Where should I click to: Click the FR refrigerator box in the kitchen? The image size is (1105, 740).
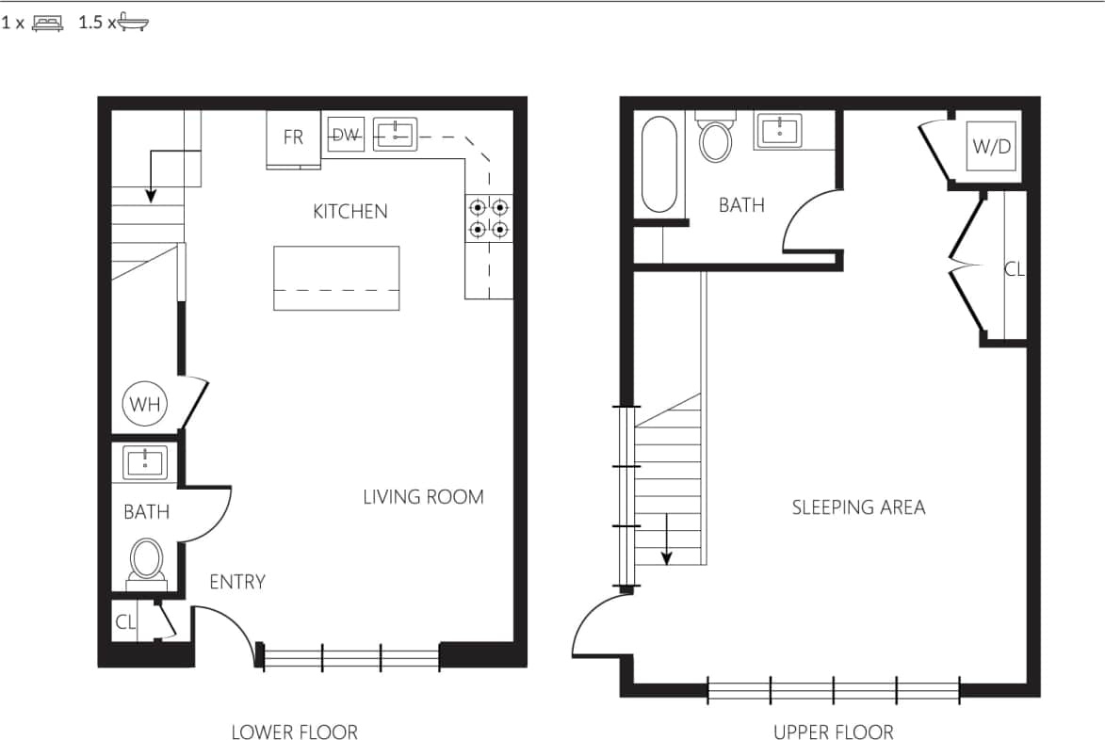[294, 138]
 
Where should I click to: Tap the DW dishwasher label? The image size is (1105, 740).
[346, 136]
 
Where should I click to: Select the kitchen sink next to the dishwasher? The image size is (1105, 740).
[395, 135]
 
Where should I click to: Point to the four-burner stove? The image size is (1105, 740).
[489, 217]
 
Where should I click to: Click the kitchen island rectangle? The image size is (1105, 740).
[336, 278]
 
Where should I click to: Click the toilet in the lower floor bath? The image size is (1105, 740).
[146, 561]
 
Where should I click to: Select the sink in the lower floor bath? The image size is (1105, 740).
[145, 462]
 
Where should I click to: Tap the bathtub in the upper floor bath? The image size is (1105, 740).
[658, 165]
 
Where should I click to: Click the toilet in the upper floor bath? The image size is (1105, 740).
[716, 139]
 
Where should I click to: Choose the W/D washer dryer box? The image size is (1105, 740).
[992, 146]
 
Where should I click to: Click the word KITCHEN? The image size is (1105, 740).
[349, 211]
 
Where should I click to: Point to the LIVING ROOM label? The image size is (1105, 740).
[423, 497]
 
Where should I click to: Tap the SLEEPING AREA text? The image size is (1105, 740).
[858, 507]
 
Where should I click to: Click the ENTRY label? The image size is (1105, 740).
[237, 582]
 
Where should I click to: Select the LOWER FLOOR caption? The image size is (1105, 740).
[294, 732]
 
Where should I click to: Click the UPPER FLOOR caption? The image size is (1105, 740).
[833, 732]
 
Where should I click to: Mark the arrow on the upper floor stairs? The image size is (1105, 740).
[667, 540]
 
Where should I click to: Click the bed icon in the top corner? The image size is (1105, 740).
[47, 24]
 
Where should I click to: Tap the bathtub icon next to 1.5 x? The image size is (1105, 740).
[132, 22]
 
